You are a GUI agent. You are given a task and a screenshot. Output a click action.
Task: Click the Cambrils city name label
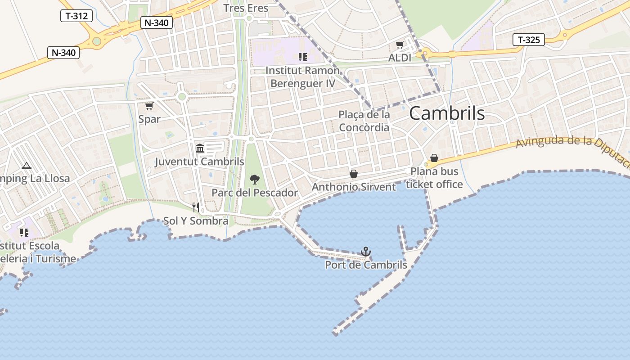(447, 113)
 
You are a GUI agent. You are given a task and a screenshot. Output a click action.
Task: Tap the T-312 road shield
(76, 16)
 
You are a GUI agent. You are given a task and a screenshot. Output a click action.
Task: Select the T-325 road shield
(529, 40)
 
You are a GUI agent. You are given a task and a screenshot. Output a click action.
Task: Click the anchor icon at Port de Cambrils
(366, 252)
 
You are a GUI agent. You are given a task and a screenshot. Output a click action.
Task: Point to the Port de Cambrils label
(366, 265)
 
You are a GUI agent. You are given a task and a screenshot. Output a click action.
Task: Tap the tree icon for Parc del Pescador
(254, 180)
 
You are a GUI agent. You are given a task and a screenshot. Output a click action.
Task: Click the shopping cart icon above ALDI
(400, 45)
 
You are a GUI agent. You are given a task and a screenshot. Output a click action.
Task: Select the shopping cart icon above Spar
(149, 106)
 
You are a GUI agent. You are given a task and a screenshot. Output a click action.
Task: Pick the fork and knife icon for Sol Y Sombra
(196, 207)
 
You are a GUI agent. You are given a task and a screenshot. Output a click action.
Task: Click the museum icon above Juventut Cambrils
(200, 148)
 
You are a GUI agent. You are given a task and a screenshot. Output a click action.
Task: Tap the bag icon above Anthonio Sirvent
(354, 174)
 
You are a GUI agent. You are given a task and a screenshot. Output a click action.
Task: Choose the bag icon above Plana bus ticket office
(434, 158)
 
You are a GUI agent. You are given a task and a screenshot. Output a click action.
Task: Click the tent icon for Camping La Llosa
(27, 166)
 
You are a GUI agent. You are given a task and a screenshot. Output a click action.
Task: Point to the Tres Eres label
(246, 8)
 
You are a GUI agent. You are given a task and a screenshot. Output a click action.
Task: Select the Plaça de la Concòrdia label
(364, 121)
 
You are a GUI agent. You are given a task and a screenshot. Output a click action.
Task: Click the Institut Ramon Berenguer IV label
(302, 77)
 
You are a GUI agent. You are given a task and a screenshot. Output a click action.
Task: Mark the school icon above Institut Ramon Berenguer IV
(302, 57)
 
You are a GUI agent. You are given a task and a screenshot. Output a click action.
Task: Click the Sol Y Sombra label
(196, 221)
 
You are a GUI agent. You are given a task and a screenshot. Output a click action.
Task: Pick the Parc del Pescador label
(255, 193)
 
